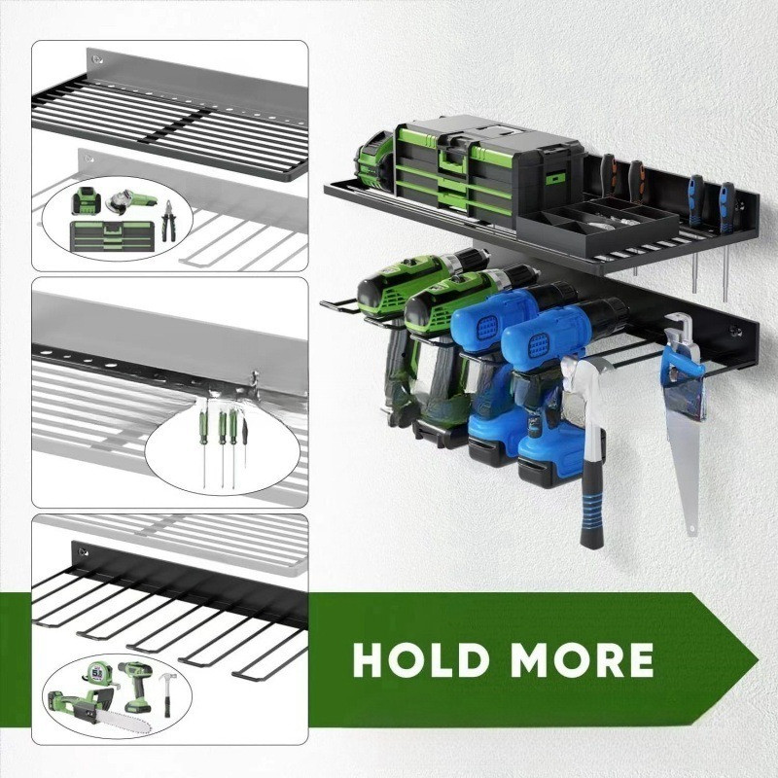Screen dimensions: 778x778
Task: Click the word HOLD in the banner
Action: (x=420, y=660)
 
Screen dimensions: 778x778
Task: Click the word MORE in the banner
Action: (x=582, y=660)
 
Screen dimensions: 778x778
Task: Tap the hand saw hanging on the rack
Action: (x=684, y=422)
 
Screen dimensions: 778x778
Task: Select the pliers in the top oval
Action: (x=168, y=221)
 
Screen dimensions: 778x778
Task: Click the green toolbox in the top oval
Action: (x=113, y=235)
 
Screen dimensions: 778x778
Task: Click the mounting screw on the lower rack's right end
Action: (x=733, y=330)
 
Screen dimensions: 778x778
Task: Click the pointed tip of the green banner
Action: (x=758, y=660)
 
